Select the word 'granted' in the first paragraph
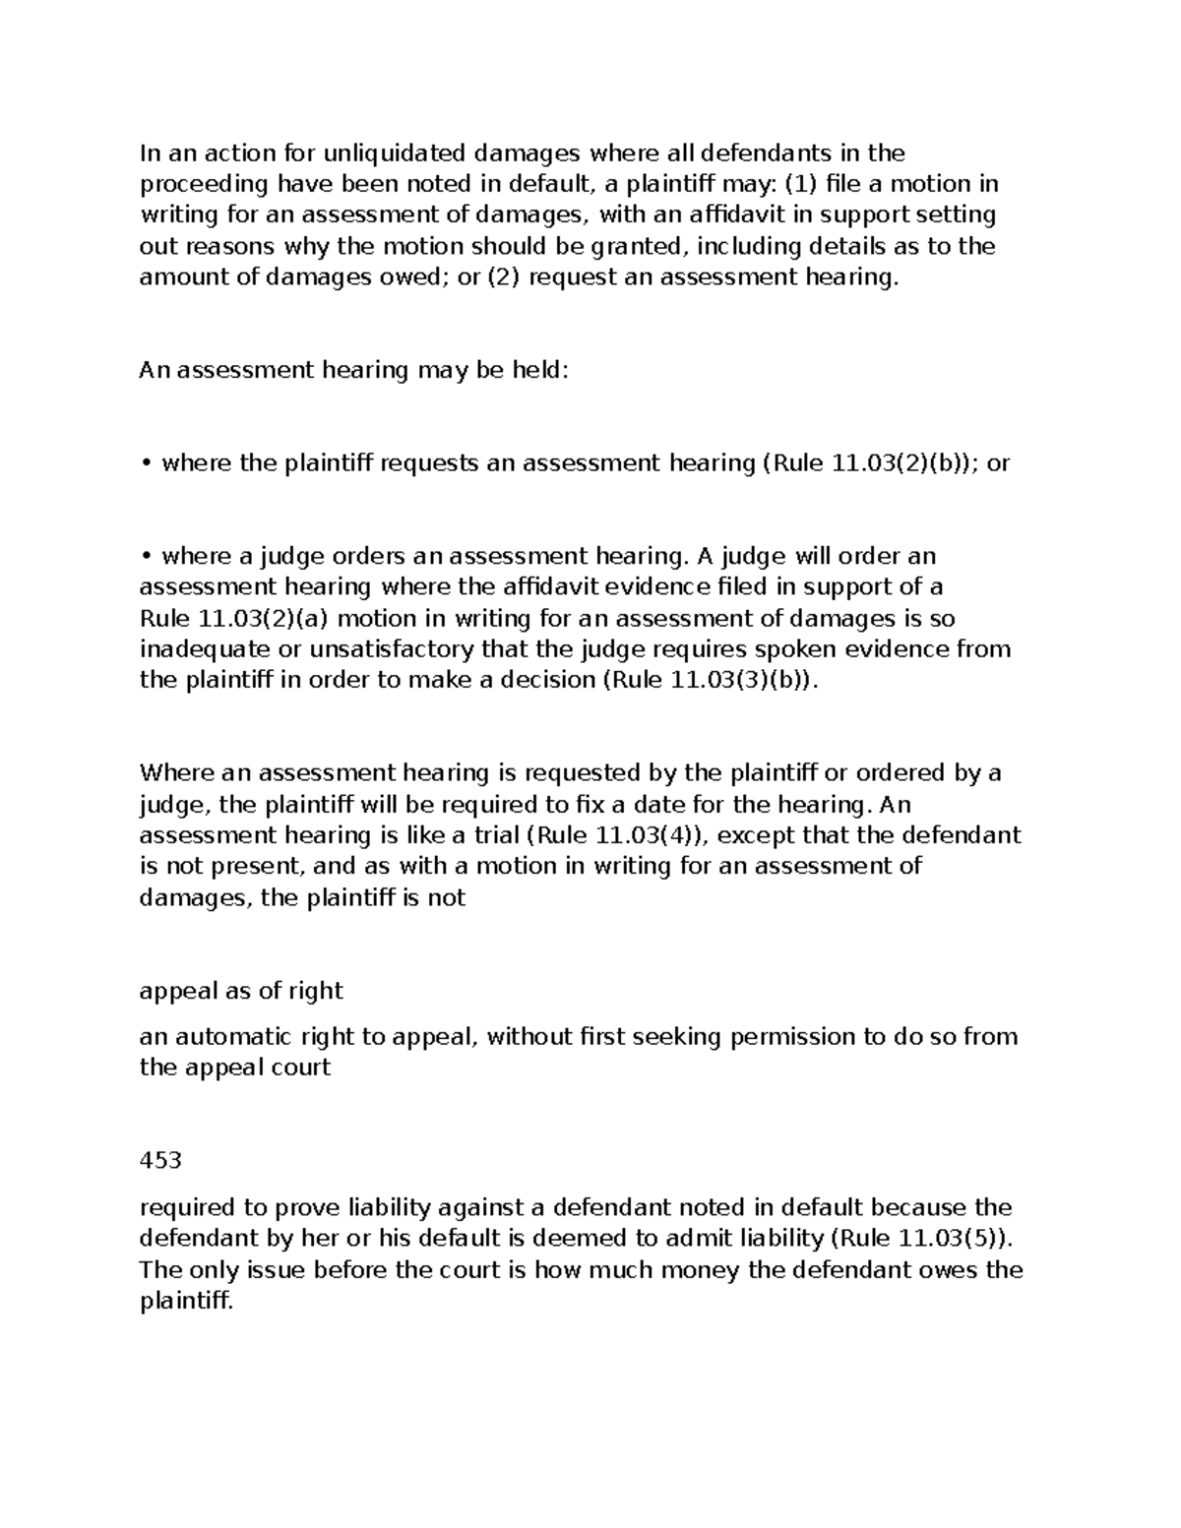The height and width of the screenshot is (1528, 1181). point(639,246)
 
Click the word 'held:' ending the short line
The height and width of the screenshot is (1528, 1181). point(539,370)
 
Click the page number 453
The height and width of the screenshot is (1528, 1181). point(160,1160)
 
